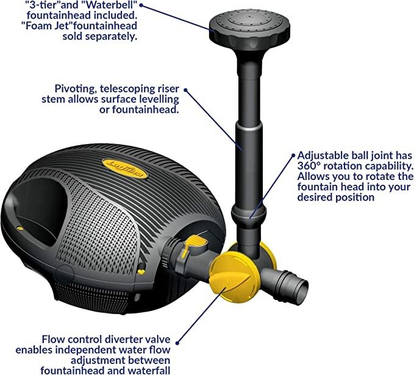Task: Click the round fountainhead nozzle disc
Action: (249, 30)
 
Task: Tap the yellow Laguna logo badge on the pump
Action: (125, 169)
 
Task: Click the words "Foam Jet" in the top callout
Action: (48, 26)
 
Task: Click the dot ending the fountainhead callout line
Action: (141, 5)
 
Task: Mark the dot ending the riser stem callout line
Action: (185, 90)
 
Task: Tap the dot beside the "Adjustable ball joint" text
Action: (293, 155)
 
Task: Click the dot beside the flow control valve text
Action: (177, 343)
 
